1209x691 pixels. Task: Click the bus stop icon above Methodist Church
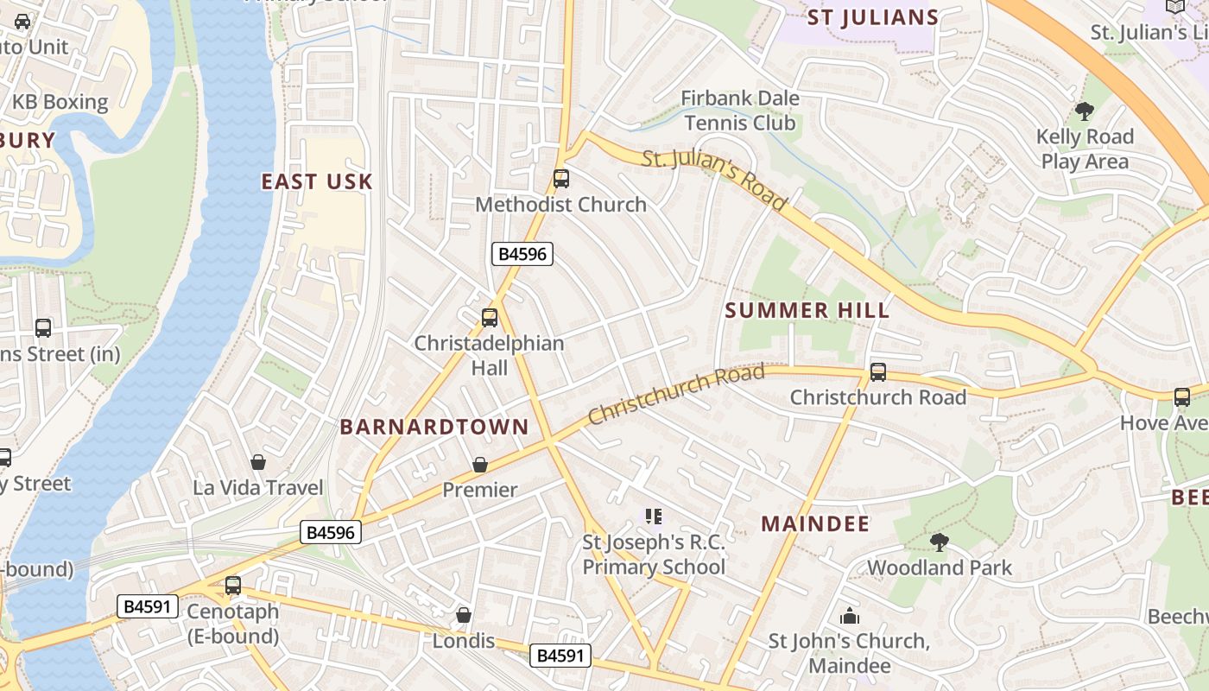[x=561, y=179]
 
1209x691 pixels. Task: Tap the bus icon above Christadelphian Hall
[x=490, y=318]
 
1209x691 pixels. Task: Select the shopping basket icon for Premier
[x=480, y=465]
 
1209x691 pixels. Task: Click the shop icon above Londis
[x=464, y=615]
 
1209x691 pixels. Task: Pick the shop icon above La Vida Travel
[x=257, y=462]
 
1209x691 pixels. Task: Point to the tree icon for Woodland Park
[x=939, y=542]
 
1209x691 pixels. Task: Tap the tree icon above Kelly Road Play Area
[x=1084, y=111]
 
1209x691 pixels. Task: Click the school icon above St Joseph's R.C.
[x=654, y=517]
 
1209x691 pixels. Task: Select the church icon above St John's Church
[x=850, y=616]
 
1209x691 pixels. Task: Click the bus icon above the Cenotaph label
[x=233, y=586]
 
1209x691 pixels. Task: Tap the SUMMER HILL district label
[x=807, y=311]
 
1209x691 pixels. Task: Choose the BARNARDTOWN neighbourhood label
[x=434, y=427]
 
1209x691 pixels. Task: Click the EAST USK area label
[x=317, y=181]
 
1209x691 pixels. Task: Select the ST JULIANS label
[x=872, y=17]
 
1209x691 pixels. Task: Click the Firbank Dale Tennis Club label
[x=740, y=111]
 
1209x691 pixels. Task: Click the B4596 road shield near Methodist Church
[x=522, y=254]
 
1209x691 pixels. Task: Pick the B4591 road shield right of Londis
[x=560, y=656]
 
